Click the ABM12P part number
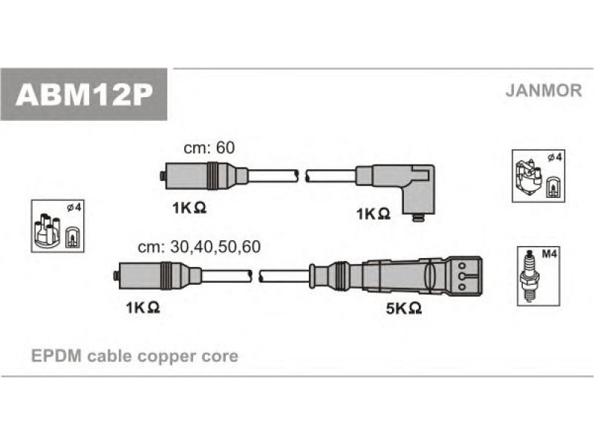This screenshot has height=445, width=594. [84, 95]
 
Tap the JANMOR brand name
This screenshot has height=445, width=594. [544, 90]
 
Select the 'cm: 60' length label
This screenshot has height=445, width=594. [209, 148]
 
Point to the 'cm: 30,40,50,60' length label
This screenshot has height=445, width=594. [199, 247]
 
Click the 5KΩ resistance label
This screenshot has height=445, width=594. [404, 309]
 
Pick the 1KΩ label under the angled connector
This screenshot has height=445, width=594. [373, 214]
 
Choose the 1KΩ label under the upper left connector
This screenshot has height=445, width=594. [189, 208]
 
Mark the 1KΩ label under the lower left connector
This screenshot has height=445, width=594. [143, 308]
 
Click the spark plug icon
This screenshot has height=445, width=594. [529, 276]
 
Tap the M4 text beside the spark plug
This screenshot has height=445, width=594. [549, 254]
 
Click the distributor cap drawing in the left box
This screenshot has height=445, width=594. [48, 231]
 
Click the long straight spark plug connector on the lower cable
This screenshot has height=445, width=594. [396, 276]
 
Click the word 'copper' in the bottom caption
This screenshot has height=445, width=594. [168, 357]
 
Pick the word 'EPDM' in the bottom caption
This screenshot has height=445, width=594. [56, 356]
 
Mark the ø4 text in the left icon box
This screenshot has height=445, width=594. [74, 208]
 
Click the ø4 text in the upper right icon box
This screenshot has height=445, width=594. [555, 157]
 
